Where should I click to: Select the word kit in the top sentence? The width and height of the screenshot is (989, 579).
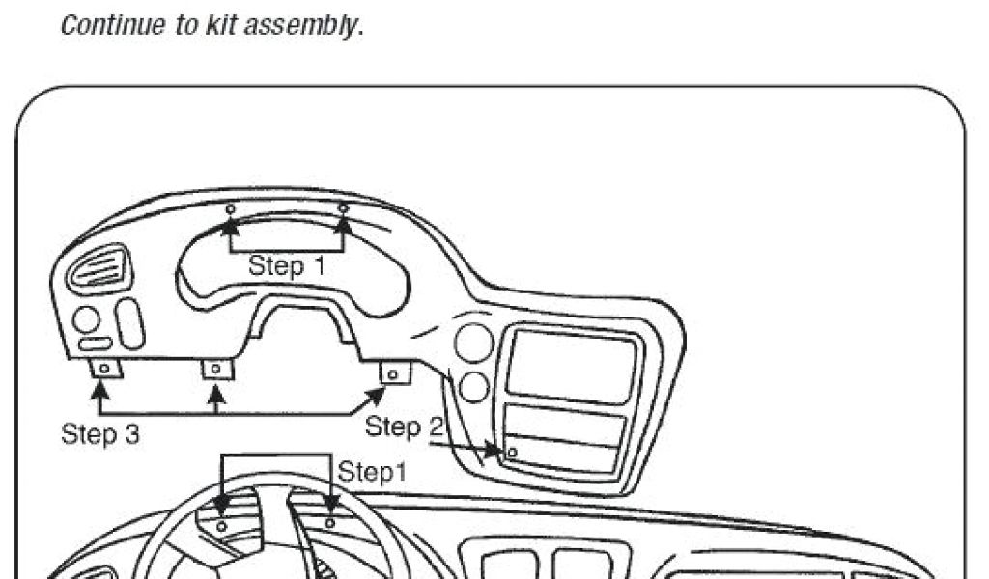(217, 25)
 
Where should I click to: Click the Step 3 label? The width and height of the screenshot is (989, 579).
(100, 433)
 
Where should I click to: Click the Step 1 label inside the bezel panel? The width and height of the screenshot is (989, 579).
(287, 265)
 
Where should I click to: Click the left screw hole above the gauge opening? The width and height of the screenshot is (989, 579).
(230, 209)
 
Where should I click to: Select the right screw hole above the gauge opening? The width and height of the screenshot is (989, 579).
(342, 208)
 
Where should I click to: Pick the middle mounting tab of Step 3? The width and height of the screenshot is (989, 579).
(217, 369)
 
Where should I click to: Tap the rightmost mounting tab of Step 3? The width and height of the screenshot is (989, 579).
(393, 372)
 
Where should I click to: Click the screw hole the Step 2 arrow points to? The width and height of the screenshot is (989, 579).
(512, 452)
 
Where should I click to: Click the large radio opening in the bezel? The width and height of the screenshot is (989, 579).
(571, 366)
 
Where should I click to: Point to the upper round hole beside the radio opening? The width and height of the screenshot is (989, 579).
(473, 344)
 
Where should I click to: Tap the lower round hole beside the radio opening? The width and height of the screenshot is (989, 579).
(474, 387)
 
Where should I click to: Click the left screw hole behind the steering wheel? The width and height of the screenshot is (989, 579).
(221, 526)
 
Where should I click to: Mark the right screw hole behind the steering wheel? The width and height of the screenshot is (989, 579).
(330, 523)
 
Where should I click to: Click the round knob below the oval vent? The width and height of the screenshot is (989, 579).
(86, 319)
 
